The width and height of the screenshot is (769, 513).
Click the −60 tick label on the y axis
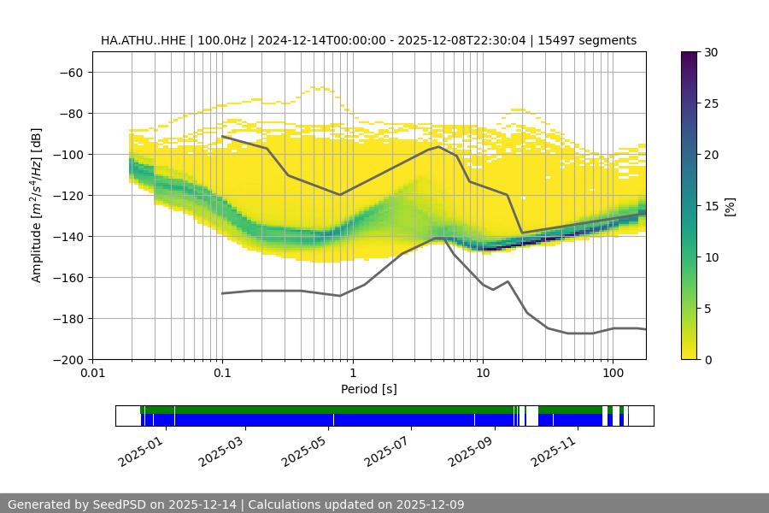[70, 72]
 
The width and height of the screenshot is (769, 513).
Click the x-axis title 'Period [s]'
[369, 389]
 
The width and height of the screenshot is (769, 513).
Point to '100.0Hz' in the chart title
[222, 40]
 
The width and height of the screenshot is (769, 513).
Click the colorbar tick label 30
[711, 52]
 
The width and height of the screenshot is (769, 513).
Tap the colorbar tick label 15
[711, 206]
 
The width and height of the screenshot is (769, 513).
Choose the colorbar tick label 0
[707, 359]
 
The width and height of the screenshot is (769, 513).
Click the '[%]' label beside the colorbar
[730, 205]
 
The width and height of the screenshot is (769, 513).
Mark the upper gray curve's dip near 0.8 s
[340, 194]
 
